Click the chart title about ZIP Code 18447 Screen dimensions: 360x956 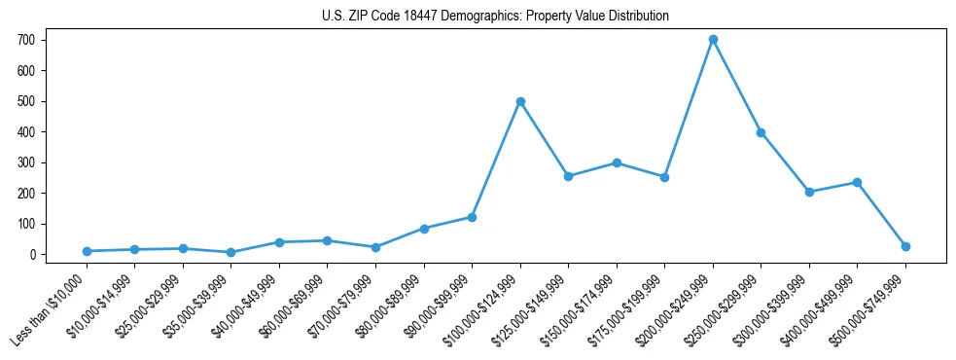pyautogui.click(x=495, y=17)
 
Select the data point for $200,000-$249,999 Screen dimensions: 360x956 pyautogui.click(x=713, y=40)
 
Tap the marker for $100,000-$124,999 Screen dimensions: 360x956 pyautogui.click(x=520, y=101)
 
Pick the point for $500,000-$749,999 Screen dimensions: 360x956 pyautogui.click(x=905, y=246)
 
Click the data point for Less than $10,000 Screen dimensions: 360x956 pyautogui.click(x=88, y=251)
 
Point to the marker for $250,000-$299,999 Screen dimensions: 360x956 pyautogui.click(x=761, y=132)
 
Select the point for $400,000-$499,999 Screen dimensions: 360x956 pyautogui.click(x=857, y=182)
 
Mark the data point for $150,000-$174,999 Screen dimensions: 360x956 pyautogui.click(x=617, y=162)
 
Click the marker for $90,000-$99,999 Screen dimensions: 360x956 pyautogui.click(x=472, y=217)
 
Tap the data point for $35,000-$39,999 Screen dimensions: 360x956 pyautogui.click(x=231, y=252)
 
